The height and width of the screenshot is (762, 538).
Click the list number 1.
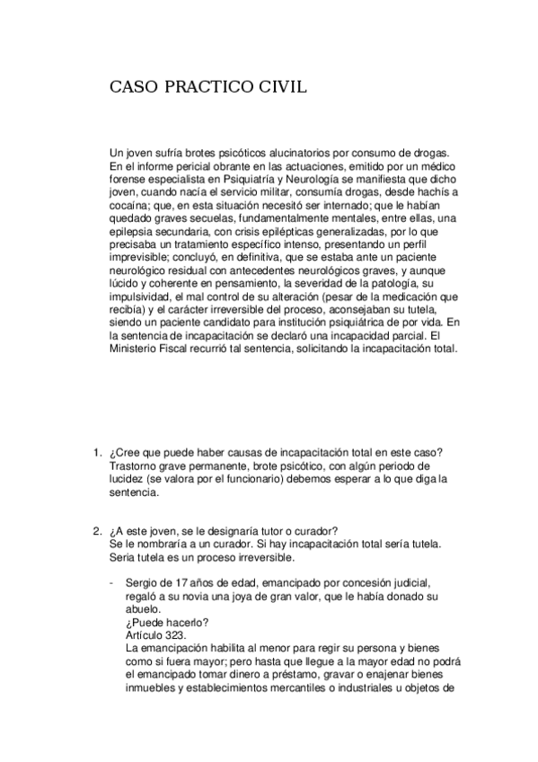point(97,452)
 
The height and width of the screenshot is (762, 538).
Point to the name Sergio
point(145,581)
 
